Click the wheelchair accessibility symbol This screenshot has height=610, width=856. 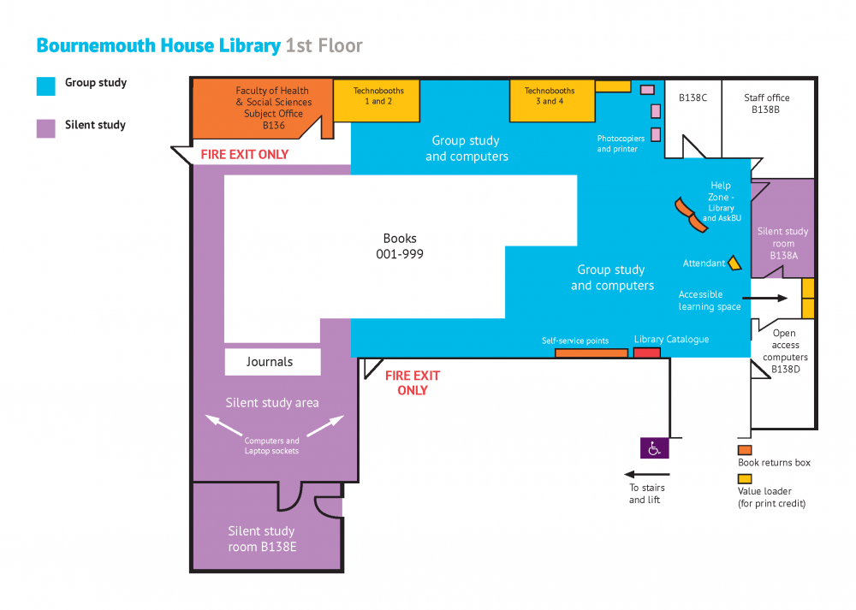click(655, 447)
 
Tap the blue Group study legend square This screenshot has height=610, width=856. click(46, 86)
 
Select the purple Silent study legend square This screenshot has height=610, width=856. click(46, 127)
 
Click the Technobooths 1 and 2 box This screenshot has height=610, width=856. click(377, 101)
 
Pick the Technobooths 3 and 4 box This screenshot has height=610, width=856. click(550, 101)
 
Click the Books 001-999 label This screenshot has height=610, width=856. click(400, 246)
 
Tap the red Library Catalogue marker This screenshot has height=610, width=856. click(647, 352)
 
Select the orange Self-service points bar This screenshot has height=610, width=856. click(591, 352)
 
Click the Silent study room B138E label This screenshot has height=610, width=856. click(262, 539)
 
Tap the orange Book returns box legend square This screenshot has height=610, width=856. click(745, 450)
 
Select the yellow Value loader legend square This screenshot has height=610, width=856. click(745, 479)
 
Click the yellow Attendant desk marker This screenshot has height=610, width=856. click(734, 263)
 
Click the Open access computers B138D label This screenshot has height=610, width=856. click(784, 351)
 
